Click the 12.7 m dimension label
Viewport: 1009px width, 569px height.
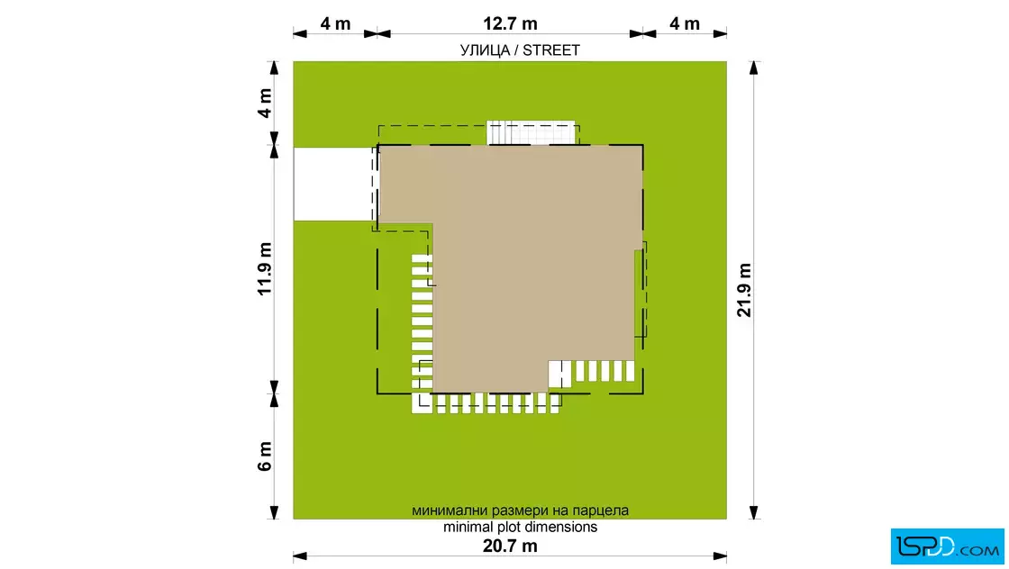point(510,23)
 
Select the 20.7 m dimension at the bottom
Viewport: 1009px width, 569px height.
point(510,546)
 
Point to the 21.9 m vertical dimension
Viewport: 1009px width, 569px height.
point(744,290)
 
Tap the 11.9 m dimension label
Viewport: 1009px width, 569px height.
point(265,269)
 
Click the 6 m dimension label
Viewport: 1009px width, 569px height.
point(265,456)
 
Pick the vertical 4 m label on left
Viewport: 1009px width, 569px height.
point(265,103)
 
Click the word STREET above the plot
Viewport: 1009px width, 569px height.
point(550,50)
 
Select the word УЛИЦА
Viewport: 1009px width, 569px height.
point(485,50)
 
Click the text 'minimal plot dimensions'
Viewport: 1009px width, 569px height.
point(520,528)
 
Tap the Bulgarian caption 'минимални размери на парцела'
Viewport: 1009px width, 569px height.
point(520,510)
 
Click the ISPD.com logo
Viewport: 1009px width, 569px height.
point(947,546)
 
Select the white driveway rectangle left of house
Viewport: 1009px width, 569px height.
point(333,184)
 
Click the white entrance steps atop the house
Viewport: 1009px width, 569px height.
point(531,132)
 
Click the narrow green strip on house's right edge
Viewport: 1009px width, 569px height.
point(639,293)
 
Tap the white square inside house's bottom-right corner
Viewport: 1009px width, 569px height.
point(559,375)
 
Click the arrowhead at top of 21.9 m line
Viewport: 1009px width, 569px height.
point(753,68)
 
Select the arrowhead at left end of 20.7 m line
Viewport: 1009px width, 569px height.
point(300,556)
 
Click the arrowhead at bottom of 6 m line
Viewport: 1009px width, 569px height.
point(274,511)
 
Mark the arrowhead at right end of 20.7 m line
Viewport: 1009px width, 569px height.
point(720,556)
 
